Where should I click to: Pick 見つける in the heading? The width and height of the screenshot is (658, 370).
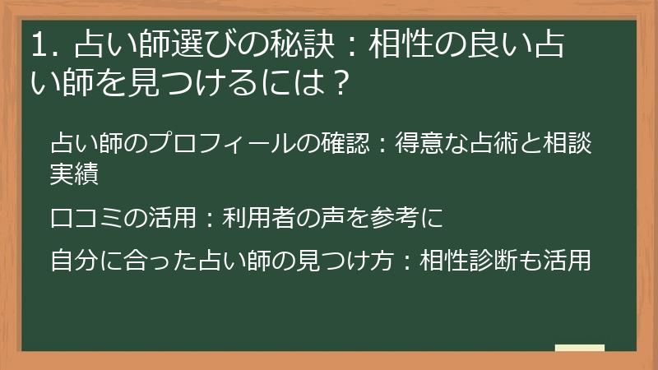click(175, 83)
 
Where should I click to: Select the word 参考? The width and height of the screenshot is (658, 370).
click(395, 217)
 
